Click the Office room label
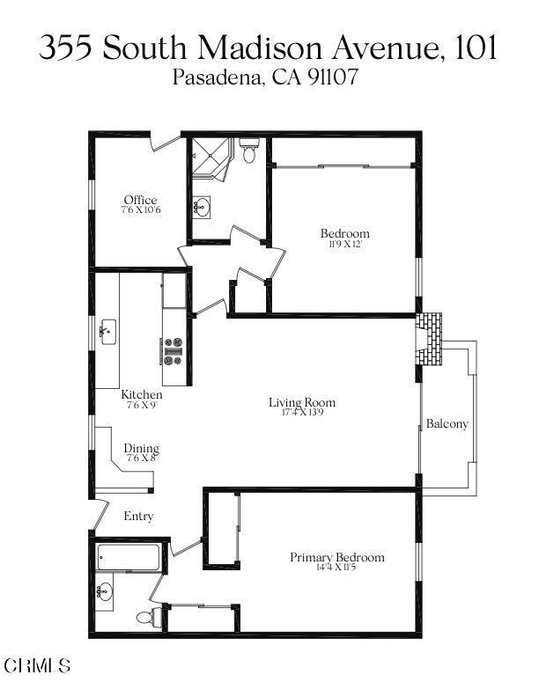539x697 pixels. point(140,201)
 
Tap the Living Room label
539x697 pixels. point(302,403)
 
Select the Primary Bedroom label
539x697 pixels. point(337,557)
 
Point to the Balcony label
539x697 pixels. point(447,424)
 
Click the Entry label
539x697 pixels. point(138,517)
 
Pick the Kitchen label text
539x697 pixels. point(142,395)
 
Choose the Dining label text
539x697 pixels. point(141,449)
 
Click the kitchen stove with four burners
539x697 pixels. point(173,350)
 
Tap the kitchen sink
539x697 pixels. point(109,332)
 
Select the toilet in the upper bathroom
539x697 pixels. point(248,154)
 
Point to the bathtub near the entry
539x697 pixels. point(129,557)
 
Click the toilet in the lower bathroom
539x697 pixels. point(155,614)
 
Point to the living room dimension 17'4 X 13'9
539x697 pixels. point(302,413)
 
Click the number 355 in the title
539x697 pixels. point(66,48)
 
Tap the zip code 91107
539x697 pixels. point(331,78)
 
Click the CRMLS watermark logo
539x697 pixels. point(37,665)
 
